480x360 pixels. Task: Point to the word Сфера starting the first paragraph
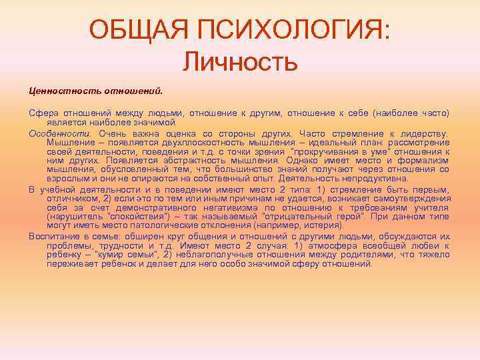coord(43,113)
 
